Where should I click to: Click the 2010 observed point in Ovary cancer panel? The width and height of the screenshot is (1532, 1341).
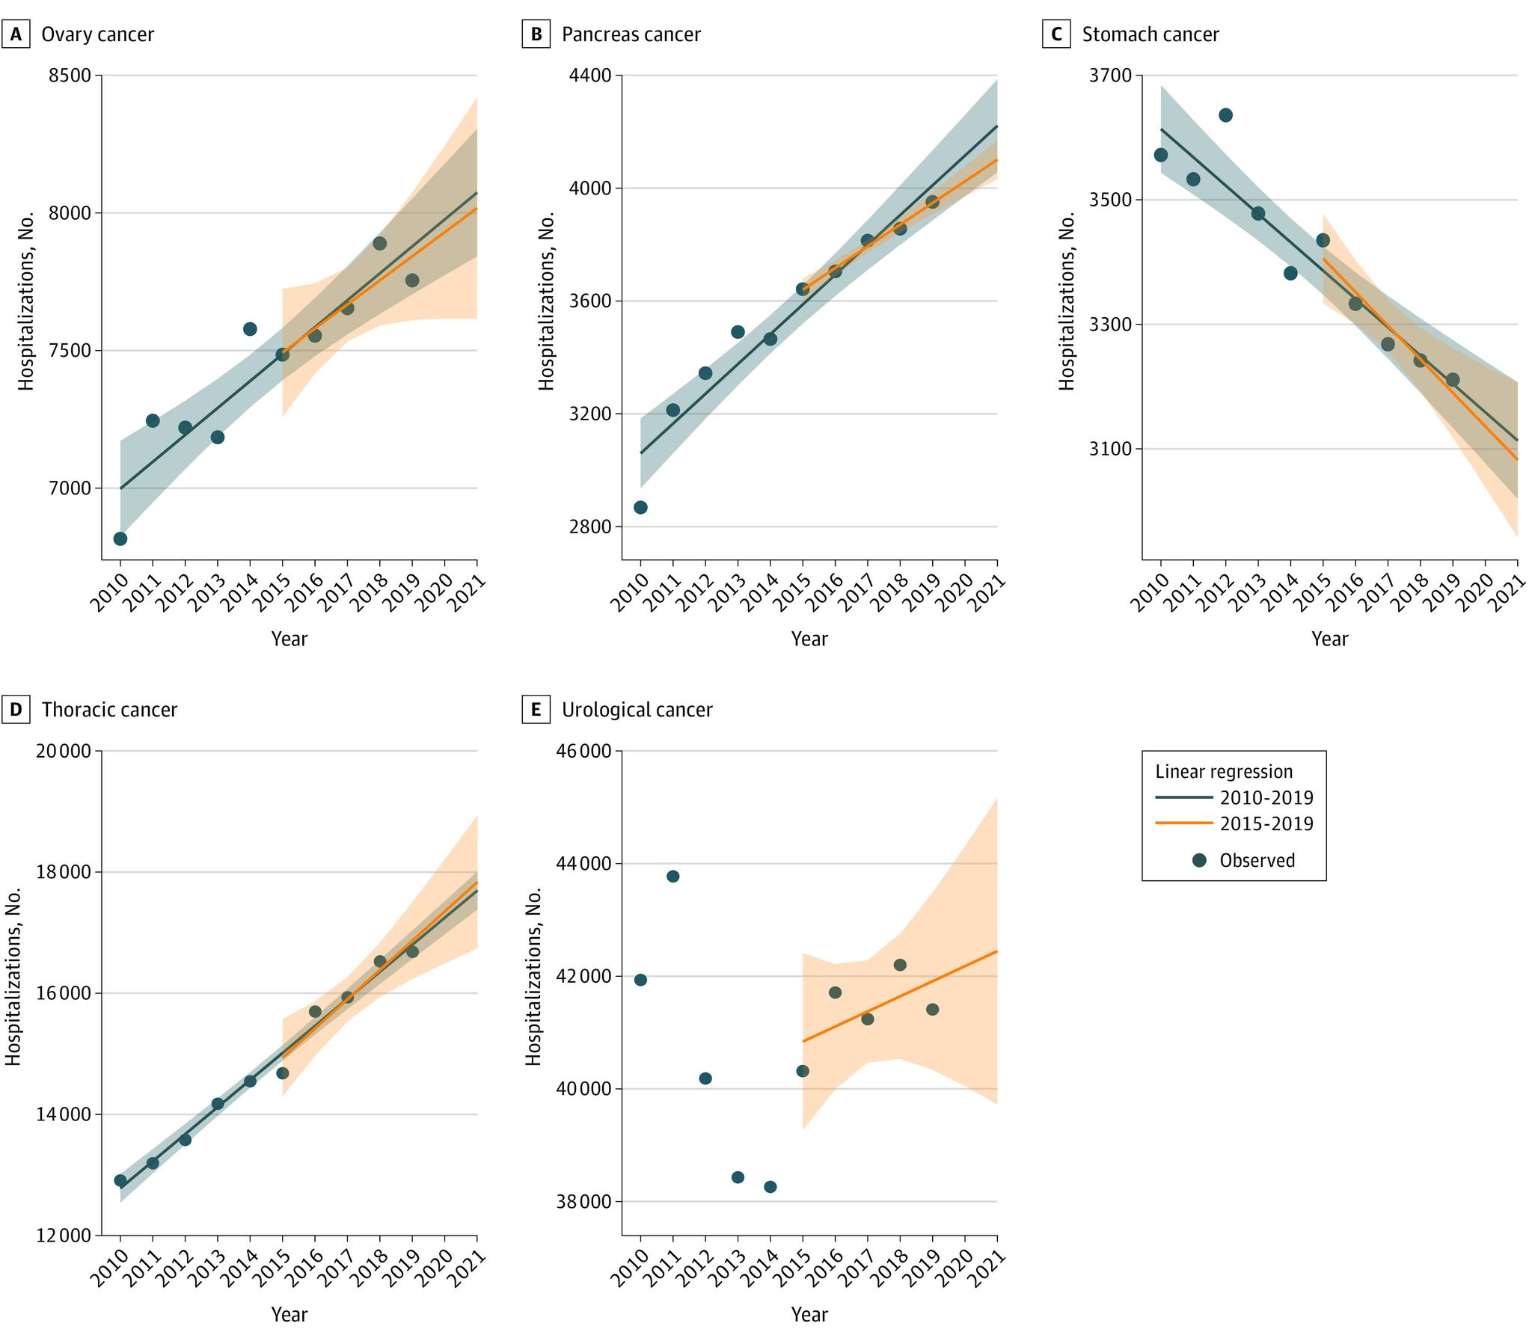click(x=120, y=538)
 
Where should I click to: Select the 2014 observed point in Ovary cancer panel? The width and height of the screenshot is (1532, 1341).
click(x=250, y=328)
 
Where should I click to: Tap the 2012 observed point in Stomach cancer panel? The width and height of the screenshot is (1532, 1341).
click(x=1225, y=114)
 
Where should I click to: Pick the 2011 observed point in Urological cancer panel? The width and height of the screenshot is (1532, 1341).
click(x=672, y=877)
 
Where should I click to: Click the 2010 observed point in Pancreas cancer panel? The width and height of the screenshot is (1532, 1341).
click(x=640, y=506)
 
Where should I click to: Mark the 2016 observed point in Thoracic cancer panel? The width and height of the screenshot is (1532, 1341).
click(x=314, y=1012)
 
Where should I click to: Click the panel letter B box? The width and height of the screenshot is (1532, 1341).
click(x=536, y=34)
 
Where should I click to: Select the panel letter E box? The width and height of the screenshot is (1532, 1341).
click(x=536, y=710)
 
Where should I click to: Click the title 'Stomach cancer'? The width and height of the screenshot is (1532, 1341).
click(x=1150, y=34)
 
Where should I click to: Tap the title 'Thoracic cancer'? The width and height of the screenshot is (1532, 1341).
click(x=109, y=710)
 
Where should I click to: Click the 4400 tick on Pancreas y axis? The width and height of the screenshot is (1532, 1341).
click(x=590, y=76)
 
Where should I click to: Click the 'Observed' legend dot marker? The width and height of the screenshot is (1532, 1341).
click(x=1200, y=860)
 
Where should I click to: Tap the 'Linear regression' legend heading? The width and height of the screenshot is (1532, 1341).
click(x=1224, y=772)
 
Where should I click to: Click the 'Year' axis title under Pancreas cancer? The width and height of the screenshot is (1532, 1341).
click(x=809, y=638)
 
